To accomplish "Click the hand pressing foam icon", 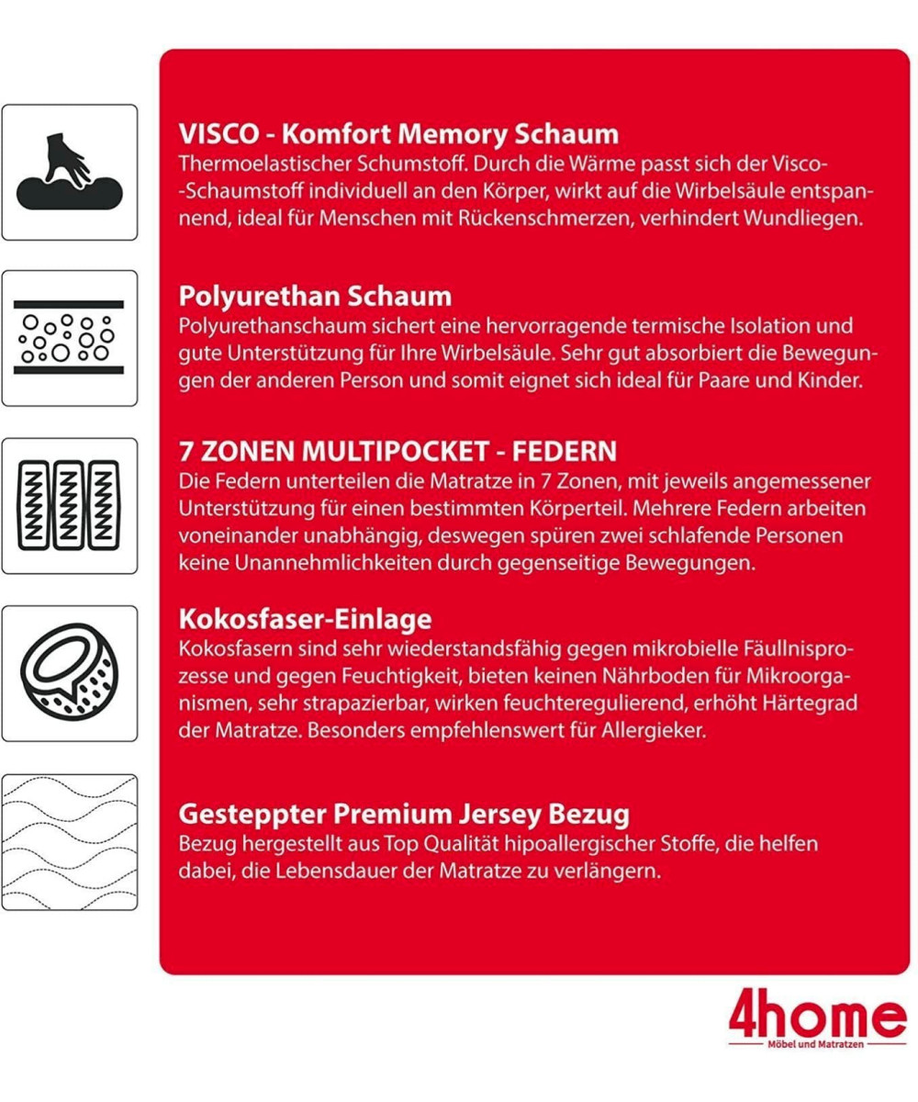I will [69, 173].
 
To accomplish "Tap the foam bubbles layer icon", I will [69, 338].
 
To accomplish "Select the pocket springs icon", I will [69, 505].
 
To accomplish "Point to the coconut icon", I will [69, 673].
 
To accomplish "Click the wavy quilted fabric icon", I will [69, 841].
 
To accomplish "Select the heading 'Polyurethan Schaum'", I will [314, 297].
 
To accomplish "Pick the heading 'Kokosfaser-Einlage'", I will [304, 618].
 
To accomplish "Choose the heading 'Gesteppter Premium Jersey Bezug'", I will [403, 814].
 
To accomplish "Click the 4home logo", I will [817, 1018].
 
